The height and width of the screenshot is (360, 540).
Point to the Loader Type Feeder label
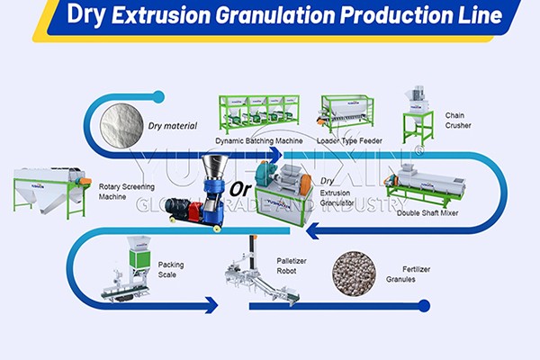[x=351, y=141]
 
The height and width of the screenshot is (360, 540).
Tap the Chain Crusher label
[x=460, y=121]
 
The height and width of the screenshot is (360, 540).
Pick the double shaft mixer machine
[x=423, y=184]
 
